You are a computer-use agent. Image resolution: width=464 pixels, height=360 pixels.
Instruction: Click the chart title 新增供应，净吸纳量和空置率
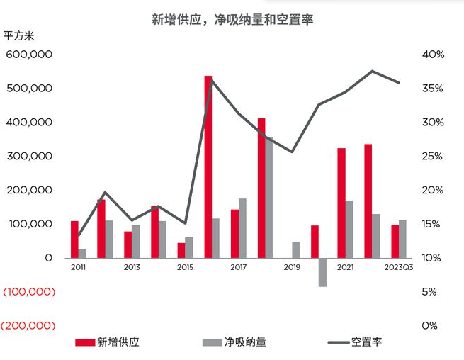(232, 20)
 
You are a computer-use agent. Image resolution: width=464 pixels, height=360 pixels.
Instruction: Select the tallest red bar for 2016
(208, 167)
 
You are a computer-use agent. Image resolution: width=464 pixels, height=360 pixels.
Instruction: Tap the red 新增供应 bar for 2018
(261, 188)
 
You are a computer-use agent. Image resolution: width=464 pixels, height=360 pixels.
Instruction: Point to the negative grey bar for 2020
(322, 272)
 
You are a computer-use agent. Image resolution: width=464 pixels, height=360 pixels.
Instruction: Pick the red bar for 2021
(341, 203)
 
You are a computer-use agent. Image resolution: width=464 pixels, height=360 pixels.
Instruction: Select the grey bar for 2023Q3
(402, 239)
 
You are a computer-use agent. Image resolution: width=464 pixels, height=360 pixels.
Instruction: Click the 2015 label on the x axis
(185, 267)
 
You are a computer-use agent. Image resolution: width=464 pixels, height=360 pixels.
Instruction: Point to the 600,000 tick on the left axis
(29, 55)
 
